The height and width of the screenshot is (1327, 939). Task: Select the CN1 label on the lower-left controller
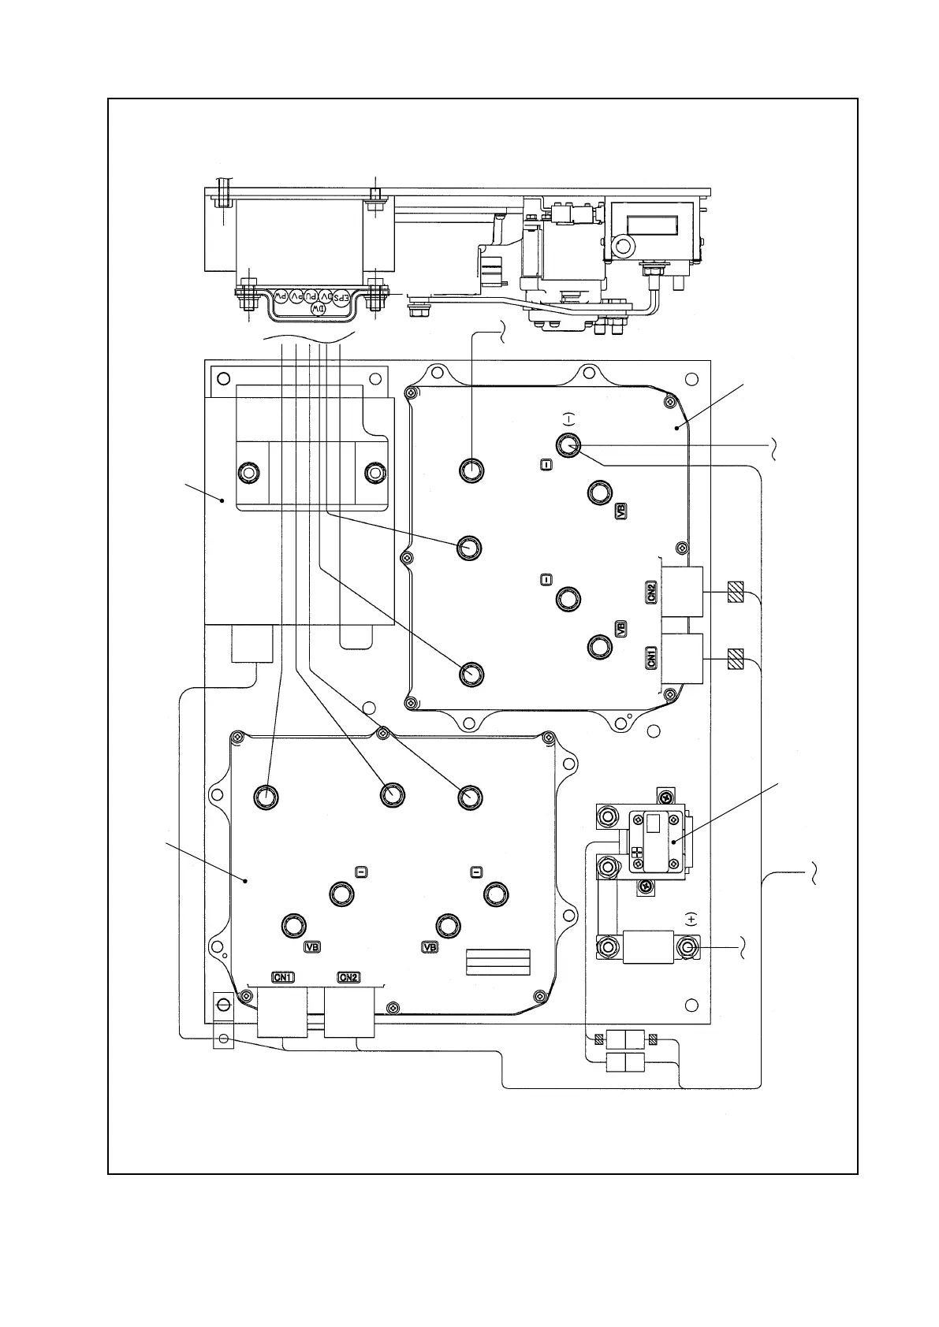283,977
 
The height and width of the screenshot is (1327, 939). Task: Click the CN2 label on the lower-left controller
348,977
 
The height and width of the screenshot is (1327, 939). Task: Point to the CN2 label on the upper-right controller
651,592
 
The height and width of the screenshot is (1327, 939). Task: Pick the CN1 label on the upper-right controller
651,658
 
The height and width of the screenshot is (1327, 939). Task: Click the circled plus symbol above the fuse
691,918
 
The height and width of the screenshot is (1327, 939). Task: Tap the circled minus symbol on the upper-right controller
570,418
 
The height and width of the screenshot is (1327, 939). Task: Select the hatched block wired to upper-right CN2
736,592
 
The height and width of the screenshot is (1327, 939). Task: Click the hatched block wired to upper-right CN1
736,658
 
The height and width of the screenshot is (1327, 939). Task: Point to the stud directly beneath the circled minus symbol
568,446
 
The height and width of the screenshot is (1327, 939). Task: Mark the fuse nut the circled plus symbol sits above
689,946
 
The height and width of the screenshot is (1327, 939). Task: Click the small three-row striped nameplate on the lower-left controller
498,961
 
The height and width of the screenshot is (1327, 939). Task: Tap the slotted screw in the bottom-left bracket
223,1005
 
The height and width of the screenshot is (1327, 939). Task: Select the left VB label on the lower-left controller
313,947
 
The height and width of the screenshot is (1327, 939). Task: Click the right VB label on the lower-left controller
430,947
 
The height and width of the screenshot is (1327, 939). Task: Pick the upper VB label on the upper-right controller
621,511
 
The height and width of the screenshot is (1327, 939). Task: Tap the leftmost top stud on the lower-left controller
266,797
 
